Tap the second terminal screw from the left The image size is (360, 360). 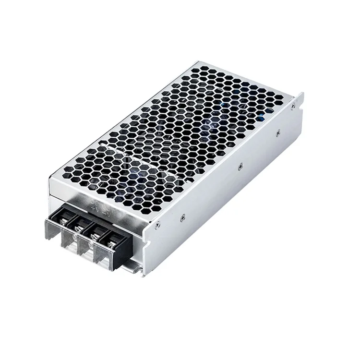[x=82, y=229]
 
